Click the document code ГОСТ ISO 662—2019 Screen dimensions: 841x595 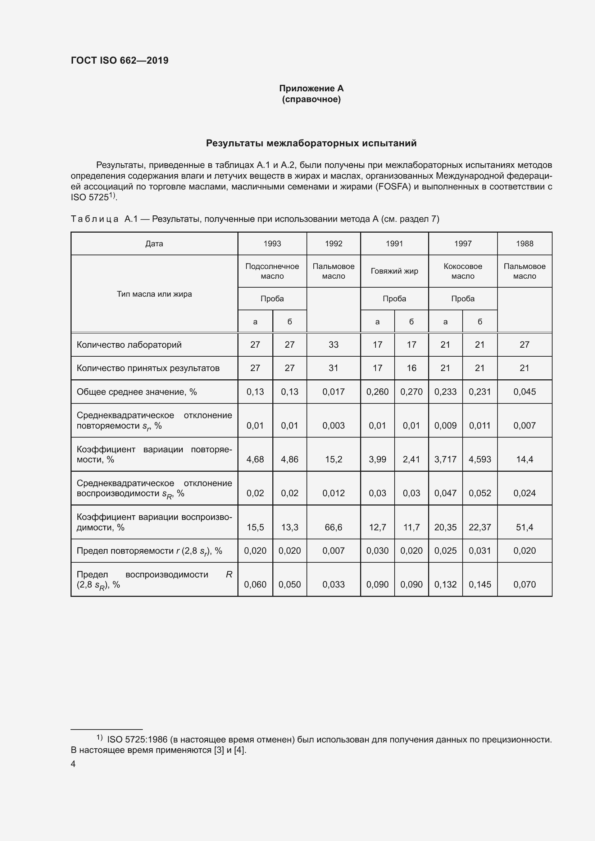119,60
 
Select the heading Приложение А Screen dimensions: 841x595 311,88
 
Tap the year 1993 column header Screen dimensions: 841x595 272,243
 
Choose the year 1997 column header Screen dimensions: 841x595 463,243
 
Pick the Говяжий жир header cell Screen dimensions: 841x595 394,271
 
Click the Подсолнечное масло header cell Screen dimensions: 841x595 272,271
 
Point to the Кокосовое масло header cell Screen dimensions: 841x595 463,271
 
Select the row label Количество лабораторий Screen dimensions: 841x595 129,345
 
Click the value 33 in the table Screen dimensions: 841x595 333,345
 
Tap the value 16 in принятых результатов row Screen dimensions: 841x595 412,368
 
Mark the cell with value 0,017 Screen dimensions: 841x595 333,392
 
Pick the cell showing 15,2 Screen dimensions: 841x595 333,459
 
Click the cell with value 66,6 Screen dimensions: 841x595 333,527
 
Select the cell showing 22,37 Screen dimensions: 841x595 480,527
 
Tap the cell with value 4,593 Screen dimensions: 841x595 480,459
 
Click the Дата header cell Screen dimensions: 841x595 154,243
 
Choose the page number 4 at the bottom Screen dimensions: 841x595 73,764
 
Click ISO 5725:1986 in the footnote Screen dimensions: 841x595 137,740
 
